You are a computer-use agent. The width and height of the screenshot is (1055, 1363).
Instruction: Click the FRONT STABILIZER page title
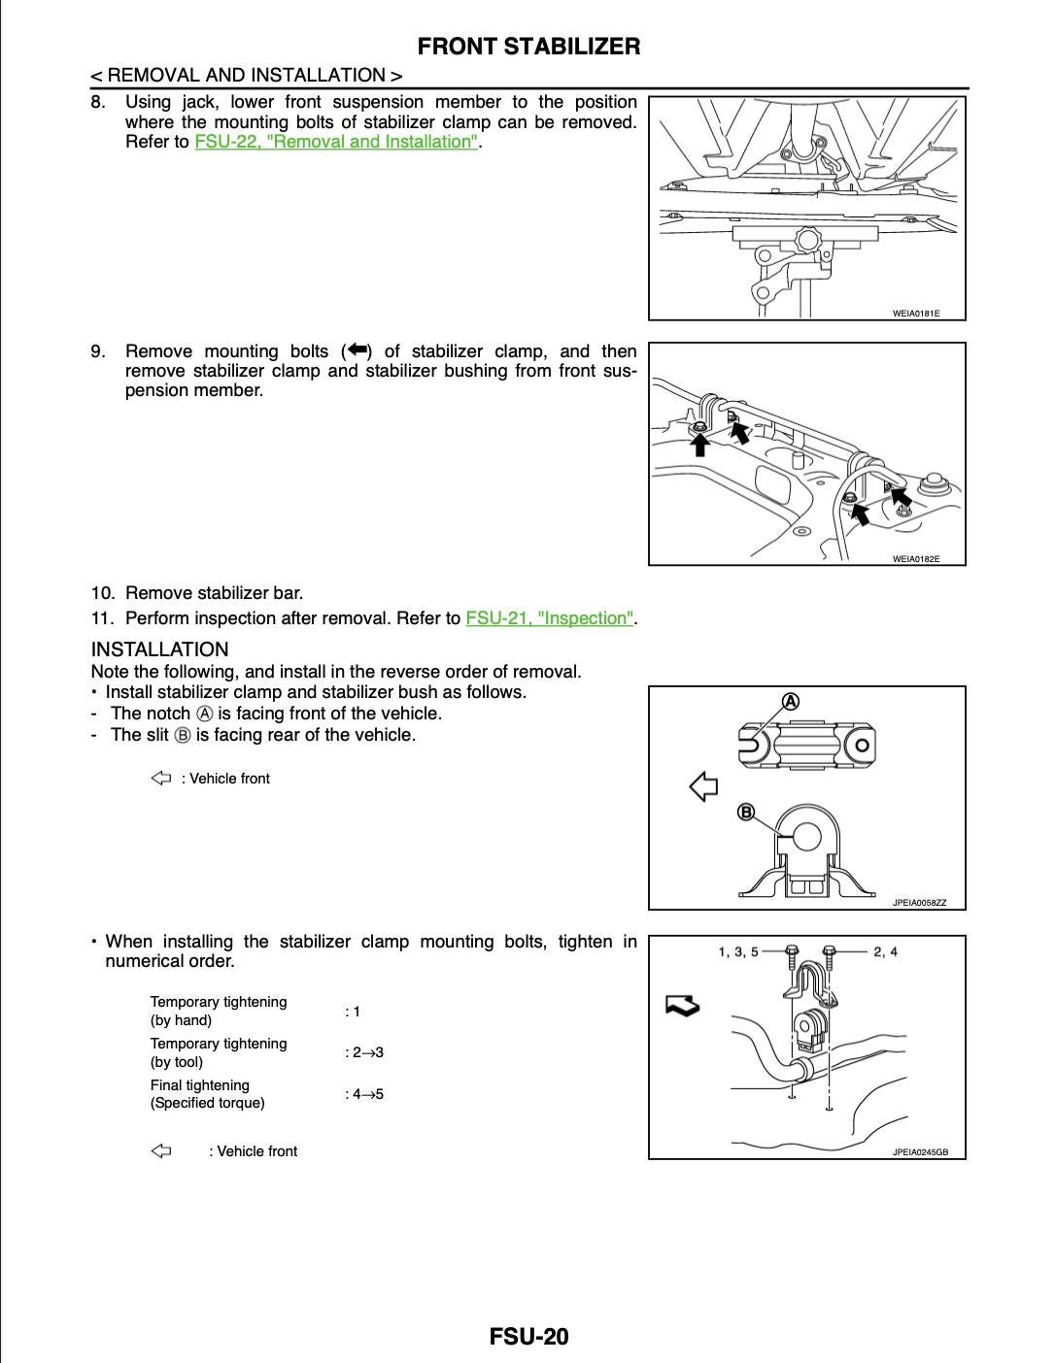point(528,46)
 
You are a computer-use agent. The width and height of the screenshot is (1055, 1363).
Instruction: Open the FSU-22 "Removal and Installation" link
point(336,142)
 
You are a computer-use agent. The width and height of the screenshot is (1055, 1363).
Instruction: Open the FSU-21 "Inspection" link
point(550,618)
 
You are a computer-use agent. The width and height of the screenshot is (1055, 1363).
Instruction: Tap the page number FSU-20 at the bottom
point(528,1337)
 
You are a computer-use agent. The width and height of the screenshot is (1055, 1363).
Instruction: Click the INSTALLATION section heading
point(159,649)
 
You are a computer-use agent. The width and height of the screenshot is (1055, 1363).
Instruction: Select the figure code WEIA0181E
point(915,314)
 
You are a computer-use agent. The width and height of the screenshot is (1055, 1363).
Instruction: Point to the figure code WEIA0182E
point(915,559)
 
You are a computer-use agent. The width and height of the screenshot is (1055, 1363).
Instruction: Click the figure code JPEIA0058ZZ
point(918,903)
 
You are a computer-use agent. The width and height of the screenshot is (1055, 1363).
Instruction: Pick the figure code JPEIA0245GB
point(919,1152)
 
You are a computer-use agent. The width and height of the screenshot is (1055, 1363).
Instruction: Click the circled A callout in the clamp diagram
point(791,701)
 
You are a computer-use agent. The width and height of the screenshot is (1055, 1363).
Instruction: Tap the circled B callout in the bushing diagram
point(746,812)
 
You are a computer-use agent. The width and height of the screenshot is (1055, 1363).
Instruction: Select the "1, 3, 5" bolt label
point(738,951)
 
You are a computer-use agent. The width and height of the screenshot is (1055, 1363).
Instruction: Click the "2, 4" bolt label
point(885,951)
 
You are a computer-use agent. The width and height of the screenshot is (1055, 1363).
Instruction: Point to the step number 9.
point(98,351)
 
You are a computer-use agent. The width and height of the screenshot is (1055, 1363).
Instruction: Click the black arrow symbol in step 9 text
point(357,350)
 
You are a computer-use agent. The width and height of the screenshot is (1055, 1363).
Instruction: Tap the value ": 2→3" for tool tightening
point(364,1052)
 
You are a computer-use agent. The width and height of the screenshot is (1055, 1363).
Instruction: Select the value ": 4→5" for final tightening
point(364,1094)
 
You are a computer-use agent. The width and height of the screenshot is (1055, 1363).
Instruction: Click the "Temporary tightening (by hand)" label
point(218,1011)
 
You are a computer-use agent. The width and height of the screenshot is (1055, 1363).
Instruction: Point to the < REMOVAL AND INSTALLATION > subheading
point(246,76)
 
